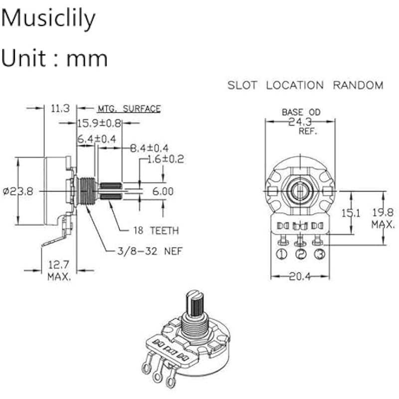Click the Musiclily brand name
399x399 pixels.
coord(48,18)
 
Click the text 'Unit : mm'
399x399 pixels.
coord(54,58)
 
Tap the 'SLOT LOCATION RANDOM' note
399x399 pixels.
coord(305,85)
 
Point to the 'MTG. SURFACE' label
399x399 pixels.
coord(129,108)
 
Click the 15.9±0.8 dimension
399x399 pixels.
coord(98,123)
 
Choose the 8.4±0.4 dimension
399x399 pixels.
coord(149,148)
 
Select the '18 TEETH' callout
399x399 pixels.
coord(156,230)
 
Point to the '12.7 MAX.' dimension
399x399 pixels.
coord(59,271)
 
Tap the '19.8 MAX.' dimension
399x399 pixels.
coord(383,218)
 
